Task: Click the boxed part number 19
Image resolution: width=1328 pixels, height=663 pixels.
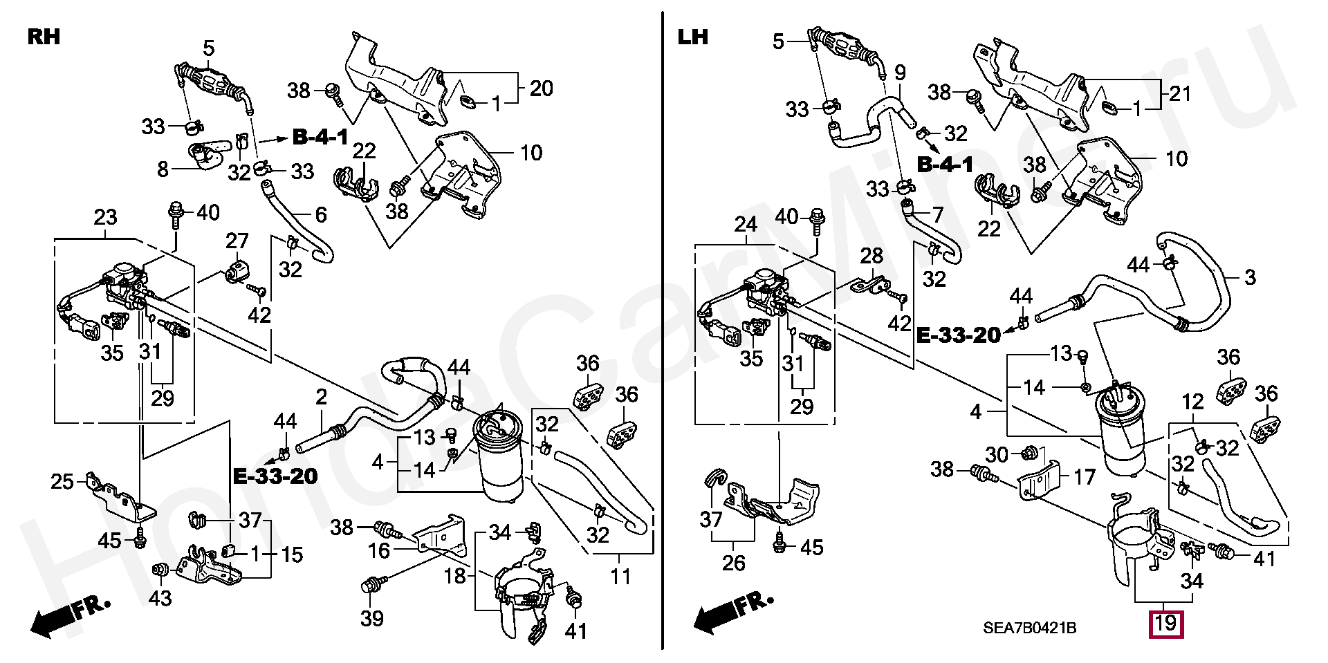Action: (x=1165, y=623)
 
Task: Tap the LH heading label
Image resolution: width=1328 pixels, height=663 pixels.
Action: (x=693, y=37)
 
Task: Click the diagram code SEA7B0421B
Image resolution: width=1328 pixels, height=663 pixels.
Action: (x=1029, y=628)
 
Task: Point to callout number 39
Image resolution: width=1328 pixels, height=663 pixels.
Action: (x=372, y=618)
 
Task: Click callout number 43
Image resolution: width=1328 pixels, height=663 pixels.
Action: (x=160, y=597)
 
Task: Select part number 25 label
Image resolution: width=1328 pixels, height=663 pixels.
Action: (x=62, y=481)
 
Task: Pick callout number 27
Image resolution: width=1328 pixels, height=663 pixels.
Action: (x=237, y=241)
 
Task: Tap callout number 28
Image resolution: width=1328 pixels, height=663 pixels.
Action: (x=871, y=256)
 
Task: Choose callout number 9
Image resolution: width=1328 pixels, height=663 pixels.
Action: (x=900, y=72)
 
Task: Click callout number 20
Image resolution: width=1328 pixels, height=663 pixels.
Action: (x=542, y=88)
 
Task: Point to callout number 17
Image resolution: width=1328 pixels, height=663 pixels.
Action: (x=1085, y=477)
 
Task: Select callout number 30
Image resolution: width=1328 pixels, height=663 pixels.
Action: (x=997, y=455)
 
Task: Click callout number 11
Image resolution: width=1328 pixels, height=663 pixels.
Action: (x=620, y=575)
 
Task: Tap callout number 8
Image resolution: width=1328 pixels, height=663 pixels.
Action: (x=163, y=169)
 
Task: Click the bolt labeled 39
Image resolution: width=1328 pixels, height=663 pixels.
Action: (x=368, y=587)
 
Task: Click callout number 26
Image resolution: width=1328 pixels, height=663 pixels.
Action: (x=733, y=563)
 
